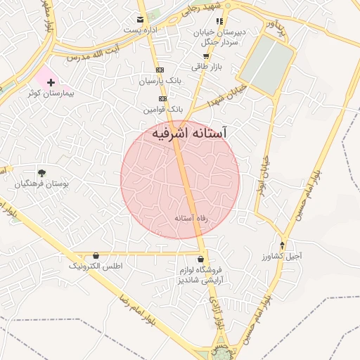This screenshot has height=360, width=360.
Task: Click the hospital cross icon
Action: click(50, 82)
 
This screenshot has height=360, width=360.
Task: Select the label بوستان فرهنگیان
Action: click(41, 184)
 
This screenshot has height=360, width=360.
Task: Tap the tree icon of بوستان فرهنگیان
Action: click(41, 172)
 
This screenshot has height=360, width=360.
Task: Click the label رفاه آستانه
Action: click(192, 219)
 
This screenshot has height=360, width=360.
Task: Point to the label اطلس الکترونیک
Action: click(96, 266)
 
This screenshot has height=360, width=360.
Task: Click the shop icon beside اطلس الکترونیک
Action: click(96, 256)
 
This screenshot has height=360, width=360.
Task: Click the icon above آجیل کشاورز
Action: click(283, 245)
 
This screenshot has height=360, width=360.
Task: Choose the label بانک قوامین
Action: click(163, 110)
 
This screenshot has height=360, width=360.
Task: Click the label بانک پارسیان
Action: click(160, 82)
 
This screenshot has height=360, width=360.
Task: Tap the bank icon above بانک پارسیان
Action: click(160, 70)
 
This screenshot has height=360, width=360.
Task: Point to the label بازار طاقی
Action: click(207, 66)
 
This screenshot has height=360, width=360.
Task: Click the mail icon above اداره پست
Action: click(141, 19)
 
